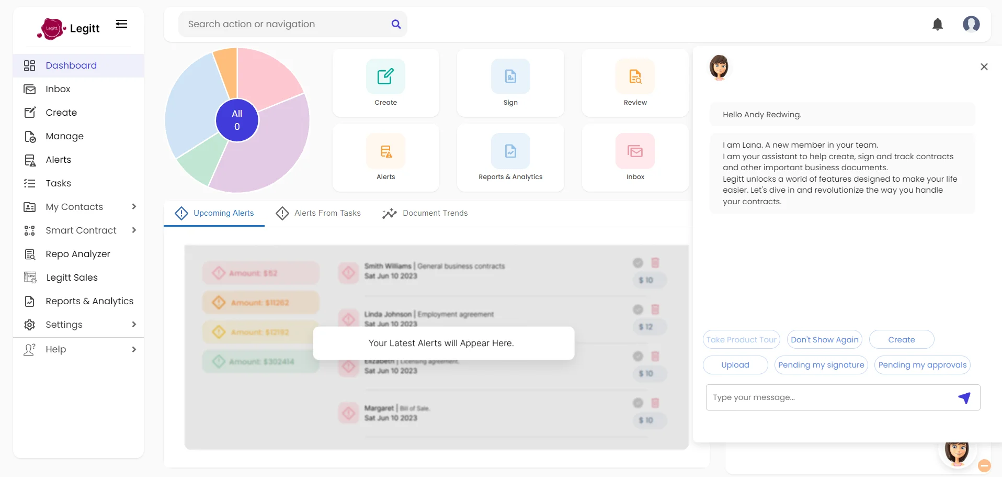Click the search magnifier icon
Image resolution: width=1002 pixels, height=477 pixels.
tap(396, 24)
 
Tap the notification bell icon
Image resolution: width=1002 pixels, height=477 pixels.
tap(937, 24)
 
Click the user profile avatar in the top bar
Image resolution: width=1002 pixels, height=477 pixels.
tap(971, 24)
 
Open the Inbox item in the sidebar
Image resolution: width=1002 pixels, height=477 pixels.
tap(58, 89)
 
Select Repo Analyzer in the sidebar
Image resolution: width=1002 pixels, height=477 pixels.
tap(77, 254)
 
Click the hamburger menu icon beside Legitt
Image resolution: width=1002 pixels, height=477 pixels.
tap(121, 24)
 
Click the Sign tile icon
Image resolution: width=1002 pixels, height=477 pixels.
tap(510, 76)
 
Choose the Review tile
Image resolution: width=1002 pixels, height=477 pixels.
tap(635, 83)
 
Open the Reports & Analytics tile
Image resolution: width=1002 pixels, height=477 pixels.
tap(510, 158)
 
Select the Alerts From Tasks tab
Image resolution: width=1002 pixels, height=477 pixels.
tap(318, 213)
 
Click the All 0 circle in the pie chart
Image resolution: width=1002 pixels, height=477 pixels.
tap(237, 120)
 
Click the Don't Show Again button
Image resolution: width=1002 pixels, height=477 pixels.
tap(824, 339)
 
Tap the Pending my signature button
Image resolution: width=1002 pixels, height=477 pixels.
tap(821, 365)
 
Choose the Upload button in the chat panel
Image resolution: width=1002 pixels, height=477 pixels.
tap(735, 365)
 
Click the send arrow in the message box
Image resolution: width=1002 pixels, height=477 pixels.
tap(964, 398)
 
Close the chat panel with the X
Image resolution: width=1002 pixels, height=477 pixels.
tap(984, 66)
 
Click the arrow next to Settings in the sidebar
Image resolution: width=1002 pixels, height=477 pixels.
tap(134, 325)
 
